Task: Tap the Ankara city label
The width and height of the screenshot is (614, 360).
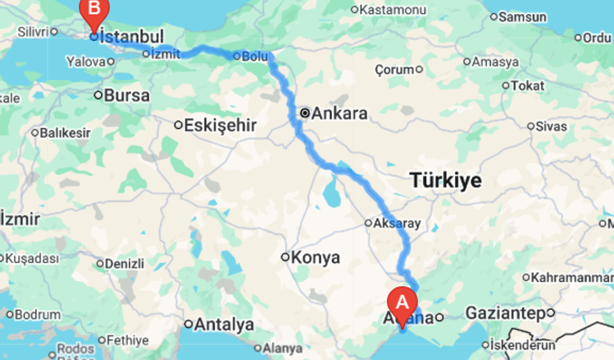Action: (x=339, y=113)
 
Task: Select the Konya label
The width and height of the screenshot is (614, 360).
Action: (x=316, y=257)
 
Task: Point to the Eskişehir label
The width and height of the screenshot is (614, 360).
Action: (x=220, y=125)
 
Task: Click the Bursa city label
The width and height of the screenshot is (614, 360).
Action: (x=126, y=95)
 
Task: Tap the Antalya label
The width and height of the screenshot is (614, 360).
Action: (x=223, y=324)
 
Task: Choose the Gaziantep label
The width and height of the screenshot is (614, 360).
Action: (x=505, y=313)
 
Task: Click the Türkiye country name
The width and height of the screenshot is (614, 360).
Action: (x=446, y=181)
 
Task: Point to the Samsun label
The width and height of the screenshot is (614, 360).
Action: (x=522, y=16)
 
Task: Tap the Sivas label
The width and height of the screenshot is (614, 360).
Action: (x=550, y=126)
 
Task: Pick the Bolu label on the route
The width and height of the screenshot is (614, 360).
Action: (x=254, y=56)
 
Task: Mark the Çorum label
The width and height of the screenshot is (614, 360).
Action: (x=394, y=70)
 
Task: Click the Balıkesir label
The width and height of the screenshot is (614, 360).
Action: (x=65, y=132)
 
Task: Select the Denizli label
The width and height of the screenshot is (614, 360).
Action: (x=124, y=263)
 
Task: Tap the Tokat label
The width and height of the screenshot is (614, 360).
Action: (x=528, y=86)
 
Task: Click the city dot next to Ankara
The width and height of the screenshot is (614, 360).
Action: (x=305, y=113)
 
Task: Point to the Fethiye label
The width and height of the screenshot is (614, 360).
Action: (x=129, y=341)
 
